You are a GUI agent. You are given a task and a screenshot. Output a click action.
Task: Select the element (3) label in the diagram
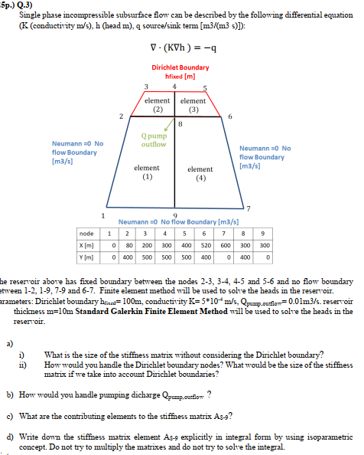coord(193,105)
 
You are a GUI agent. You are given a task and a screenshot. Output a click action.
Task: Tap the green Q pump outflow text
coord(154,141)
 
